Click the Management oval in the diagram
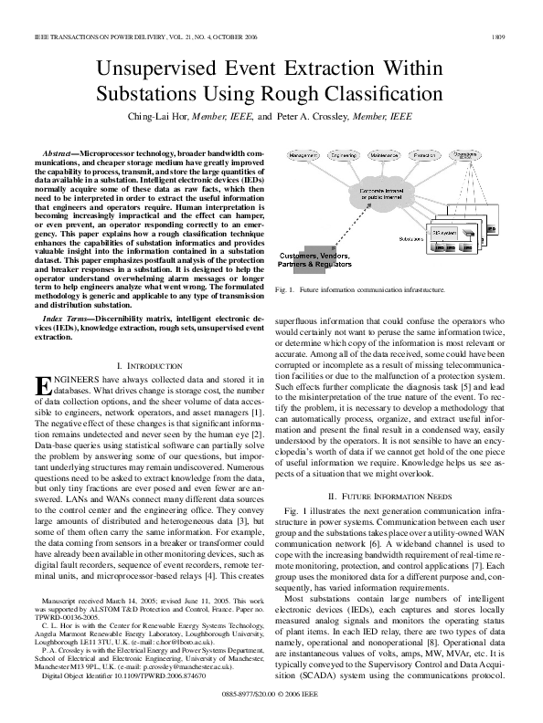click(303, 156)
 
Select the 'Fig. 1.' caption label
click(283, 289)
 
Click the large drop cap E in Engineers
click(46, 387)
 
